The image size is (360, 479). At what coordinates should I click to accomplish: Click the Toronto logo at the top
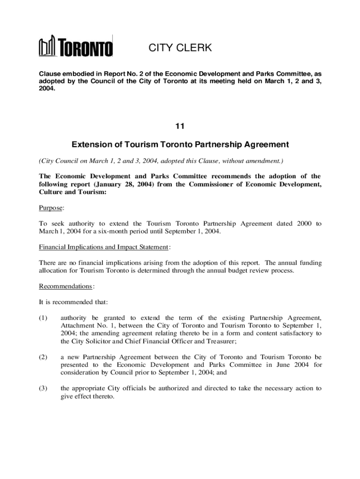[x=76, y=47]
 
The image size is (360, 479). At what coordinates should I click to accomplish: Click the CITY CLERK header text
[x=180, y=48]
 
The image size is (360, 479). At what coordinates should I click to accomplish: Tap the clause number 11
[x=180, y=126]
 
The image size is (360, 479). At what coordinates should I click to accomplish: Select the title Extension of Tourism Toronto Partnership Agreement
[x=180, y=145]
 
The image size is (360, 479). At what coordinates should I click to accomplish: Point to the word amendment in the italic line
[x=263, y=161]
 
